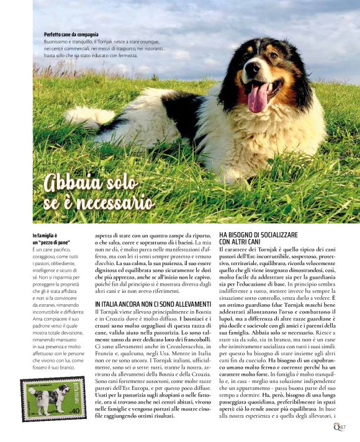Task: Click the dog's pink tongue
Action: click(258, 98)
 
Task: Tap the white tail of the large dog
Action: click(87, 115)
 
